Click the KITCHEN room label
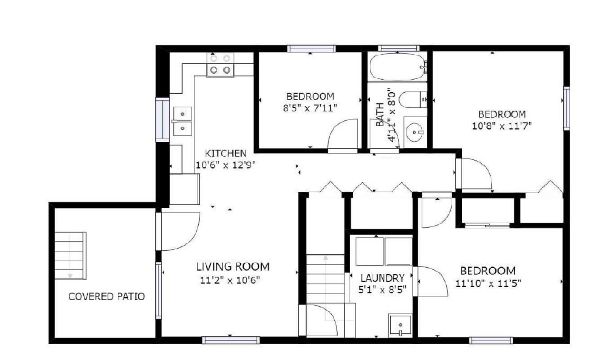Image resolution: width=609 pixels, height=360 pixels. coord(226,154)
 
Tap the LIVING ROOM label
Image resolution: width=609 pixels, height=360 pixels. coord(233,266)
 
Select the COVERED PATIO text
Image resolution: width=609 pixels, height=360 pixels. coord(107,296)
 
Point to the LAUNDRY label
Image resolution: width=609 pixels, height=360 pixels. coord(382,278)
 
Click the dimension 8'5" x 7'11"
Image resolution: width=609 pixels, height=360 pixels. coord(310,108)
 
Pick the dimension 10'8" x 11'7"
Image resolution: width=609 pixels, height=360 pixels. coord(502,126)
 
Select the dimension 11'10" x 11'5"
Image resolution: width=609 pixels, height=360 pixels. coord(488,283)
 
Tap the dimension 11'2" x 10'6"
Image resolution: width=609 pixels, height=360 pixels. coord(230,280)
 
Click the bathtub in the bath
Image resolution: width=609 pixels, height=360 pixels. coord(397,67)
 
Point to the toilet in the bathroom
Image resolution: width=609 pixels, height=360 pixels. coord(413,99)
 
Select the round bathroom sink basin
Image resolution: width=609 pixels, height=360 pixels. coord(414,132)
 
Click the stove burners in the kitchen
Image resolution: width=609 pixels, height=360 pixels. coord(220,65)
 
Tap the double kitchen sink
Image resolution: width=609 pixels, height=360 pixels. coord(182,121)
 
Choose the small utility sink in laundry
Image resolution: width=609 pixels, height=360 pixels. coord(400,325)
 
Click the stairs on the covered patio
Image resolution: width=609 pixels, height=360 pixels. coord(70,255)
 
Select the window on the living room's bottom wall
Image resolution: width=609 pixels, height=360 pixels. coord(231,340)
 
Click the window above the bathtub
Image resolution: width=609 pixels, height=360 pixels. coord(399,49)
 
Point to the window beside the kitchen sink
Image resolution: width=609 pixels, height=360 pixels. coord(162,119)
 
